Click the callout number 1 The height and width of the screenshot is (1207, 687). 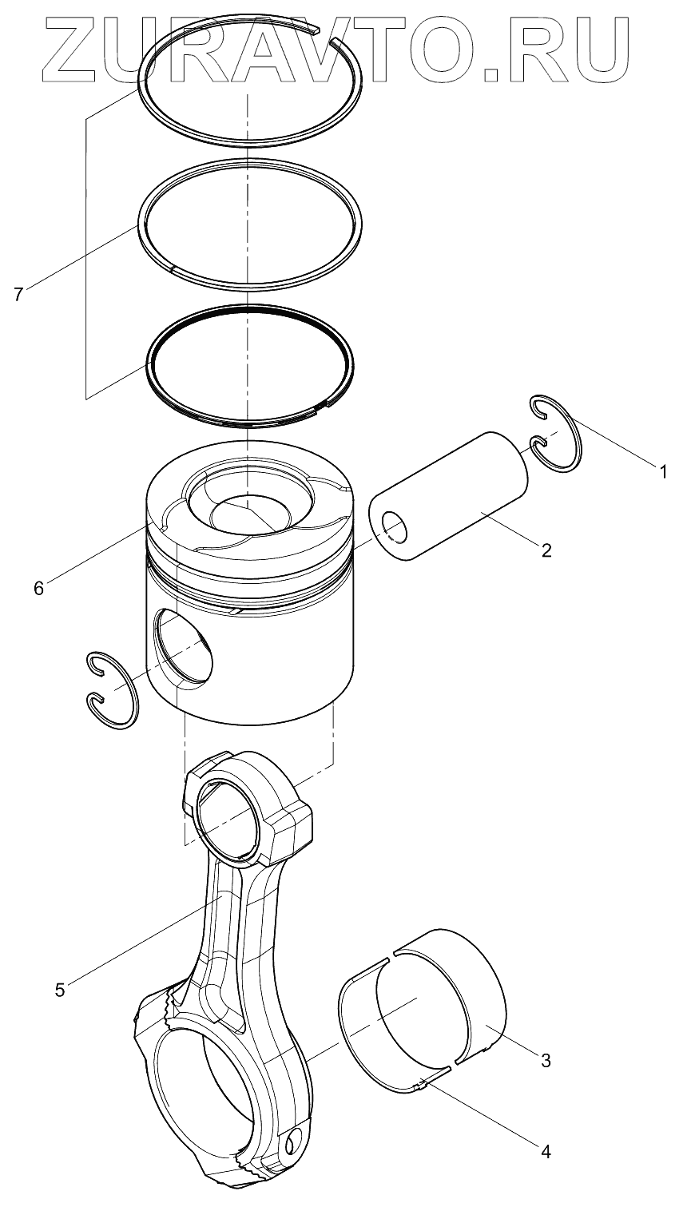coord(662,472)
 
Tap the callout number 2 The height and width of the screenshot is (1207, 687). coord(546,550)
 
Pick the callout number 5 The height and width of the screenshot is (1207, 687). coord(60,989)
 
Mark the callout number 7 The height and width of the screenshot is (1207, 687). coord(18,294)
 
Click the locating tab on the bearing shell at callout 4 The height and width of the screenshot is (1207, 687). coord(423,1084)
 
